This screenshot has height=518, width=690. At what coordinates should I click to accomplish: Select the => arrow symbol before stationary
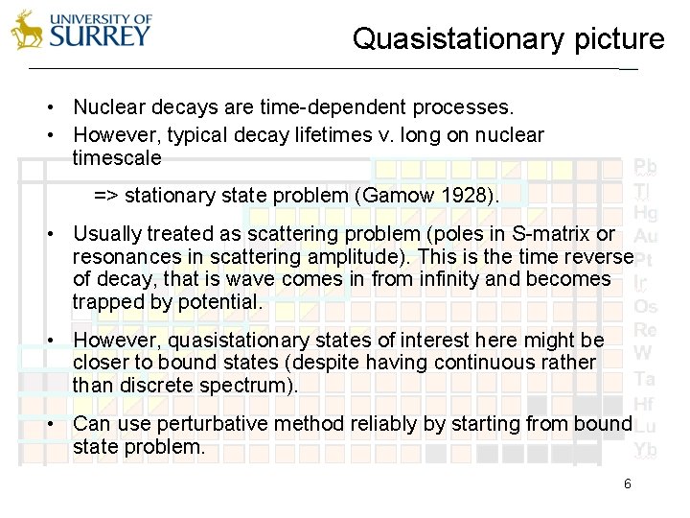106,196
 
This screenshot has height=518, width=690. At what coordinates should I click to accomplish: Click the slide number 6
627,484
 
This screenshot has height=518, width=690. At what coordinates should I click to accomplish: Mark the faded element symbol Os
645,307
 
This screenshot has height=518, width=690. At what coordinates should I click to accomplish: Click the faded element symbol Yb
645,449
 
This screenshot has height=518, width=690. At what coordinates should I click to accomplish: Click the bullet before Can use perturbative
58,424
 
